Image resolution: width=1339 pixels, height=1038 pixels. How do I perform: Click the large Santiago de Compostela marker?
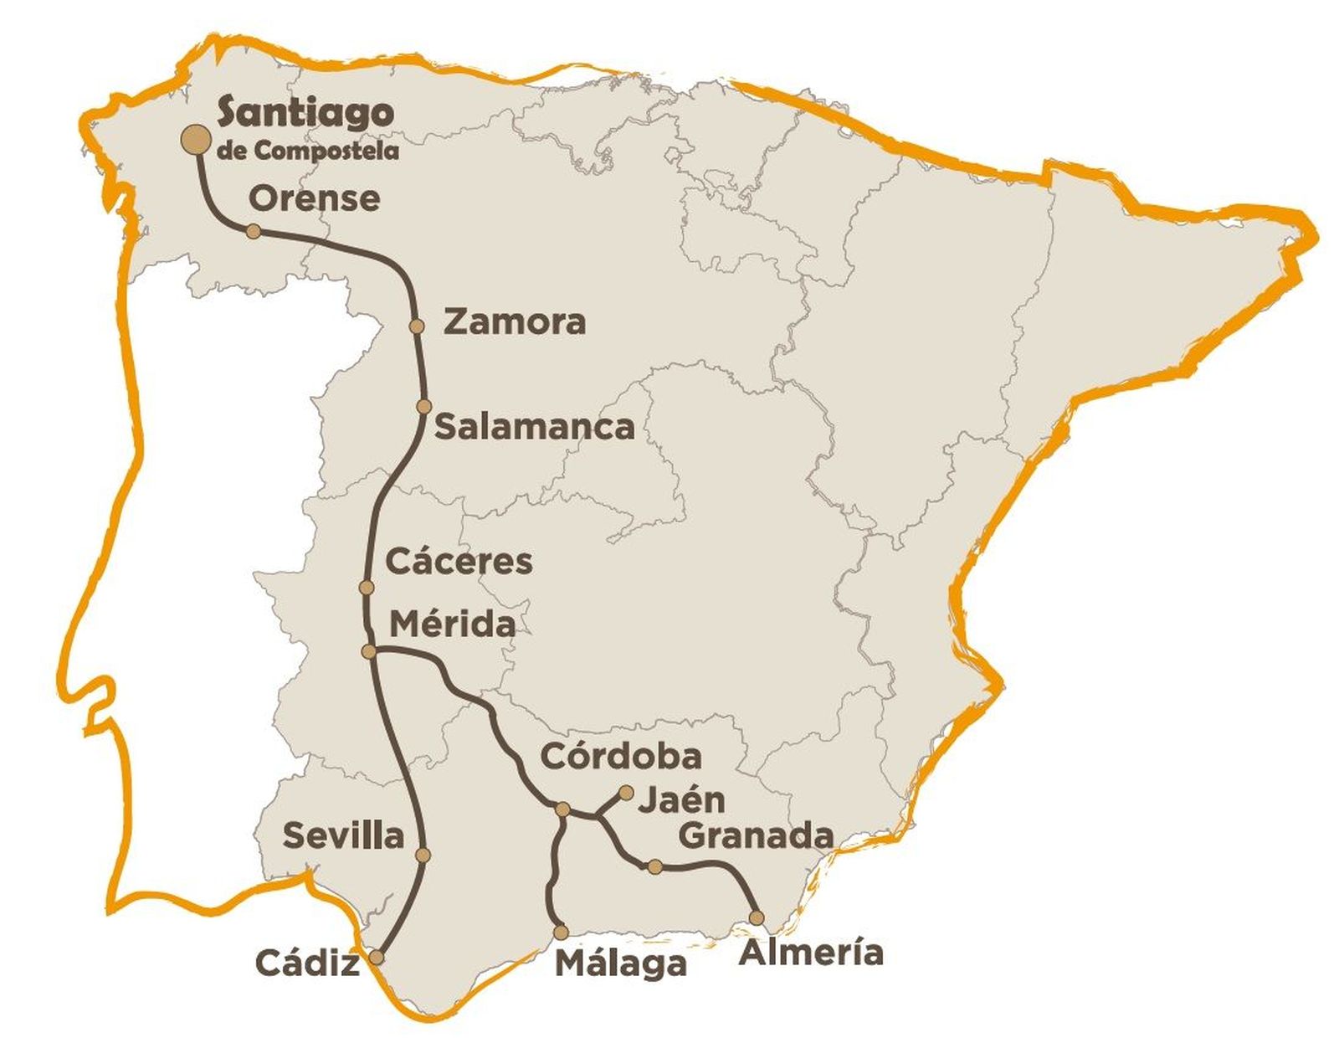click(197, 141)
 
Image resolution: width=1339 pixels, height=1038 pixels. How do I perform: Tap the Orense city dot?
click(253, 231)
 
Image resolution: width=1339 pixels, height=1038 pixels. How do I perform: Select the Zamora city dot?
click(417, 326)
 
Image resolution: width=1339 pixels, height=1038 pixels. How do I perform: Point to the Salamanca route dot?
click(424, 407)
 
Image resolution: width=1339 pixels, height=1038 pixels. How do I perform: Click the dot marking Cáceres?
click(366, 588)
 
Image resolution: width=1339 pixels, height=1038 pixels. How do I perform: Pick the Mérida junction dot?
click(368, 651)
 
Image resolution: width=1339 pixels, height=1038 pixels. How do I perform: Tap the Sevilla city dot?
click(423, 855)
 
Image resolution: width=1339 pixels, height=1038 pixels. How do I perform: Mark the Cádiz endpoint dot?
click(377, 957)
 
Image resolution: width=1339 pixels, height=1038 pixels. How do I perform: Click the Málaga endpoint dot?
click(561, 931)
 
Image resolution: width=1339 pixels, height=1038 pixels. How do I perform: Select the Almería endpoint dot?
click(757, 917)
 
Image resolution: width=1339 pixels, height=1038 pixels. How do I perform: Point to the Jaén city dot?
click(625, 791)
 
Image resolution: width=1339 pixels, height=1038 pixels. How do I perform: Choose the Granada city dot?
click(655, 866)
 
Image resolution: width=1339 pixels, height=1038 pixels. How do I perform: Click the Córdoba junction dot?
click(563, 809)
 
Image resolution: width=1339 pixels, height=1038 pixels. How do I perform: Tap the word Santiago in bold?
click(305, 113)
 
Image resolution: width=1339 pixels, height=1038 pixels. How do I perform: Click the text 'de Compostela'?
click(307, 151)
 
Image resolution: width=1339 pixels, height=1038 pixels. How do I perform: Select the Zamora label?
click(514, 321)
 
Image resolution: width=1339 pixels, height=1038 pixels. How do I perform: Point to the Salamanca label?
click(535, 427)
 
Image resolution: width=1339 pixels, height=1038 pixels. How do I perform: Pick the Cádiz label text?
click(307, 963)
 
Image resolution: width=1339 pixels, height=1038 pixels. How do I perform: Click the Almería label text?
click(811, 952)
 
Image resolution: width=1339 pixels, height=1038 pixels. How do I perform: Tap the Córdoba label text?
click(621, 756)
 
